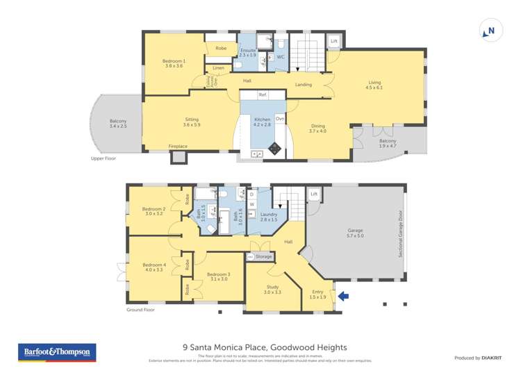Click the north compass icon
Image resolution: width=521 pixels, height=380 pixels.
[489, 31]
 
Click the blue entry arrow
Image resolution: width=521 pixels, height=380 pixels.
[342, 297]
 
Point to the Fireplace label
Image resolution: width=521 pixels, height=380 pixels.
[178, 147]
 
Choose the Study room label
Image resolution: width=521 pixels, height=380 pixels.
[272, 290]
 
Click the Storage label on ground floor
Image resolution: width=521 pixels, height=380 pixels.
[263, 256]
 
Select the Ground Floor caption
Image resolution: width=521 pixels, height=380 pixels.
[140, 311]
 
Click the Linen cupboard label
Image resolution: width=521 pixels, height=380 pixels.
[219, 68]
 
